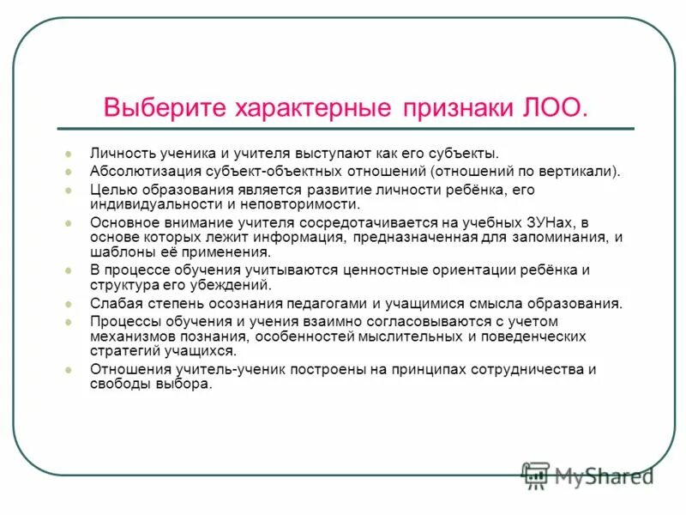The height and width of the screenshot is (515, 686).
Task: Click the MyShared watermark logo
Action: [588, 475]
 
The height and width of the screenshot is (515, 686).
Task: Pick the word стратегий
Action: [123, 350]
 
